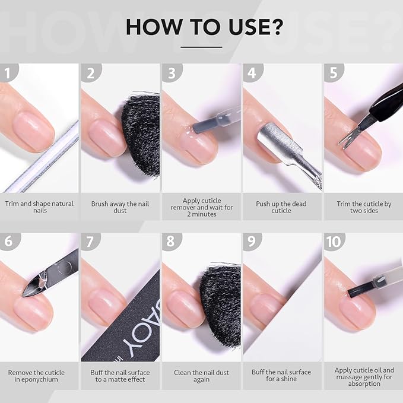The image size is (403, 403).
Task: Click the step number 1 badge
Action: pyautogui.click(x=7, y=73)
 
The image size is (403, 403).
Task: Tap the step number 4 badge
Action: pyautogui.click(x=252, y=73)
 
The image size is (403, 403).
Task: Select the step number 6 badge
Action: pyautogui.click(x=7, y=242)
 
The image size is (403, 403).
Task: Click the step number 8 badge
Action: pyautogui.click(x=170, y=242)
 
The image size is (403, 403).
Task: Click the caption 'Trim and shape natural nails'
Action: pyautogui.click(x=40, y=207)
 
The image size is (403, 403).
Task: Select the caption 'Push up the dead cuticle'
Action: pyautogui.click(x=282, y=207)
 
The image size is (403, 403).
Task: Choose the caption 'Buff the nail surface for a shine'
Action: pyautogui.click(x=282, y=376)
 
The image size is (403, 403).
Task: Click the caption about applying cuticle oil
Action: pyautogui.click(x=363, y=376)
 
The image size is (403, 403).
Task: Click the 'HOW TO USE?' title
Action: pyautogui.click(x=201, y=27)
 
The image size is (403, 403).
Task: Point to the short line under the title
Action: pyautogui.click(x=201, y=47)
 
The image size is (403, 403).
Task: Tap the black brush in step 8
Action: pyautogui.click(x=223, y=303)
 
